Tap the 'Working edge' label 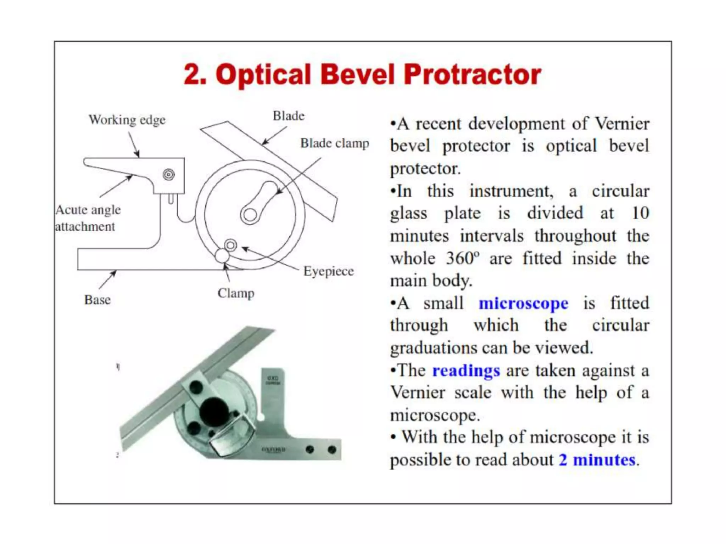(127, 120)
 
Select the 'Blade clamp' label (334, 143)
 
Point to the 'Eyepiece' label (328, 271)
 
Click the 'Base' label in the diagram (97, 300)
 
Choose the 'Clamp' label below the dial (236, 293)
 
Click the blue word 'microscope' (523, 304)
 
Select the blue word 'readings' (466, 371)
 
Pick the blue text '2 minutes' (597, 460)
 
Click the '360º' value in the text (462, 259)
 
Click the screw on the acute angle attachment (168, 175)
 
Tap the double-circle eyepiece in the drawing (230, 245)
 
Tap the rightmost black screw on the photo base (332, 450)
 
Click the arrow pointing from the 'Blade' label (274, 136)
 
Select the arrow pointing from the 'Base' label (107, 279)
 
